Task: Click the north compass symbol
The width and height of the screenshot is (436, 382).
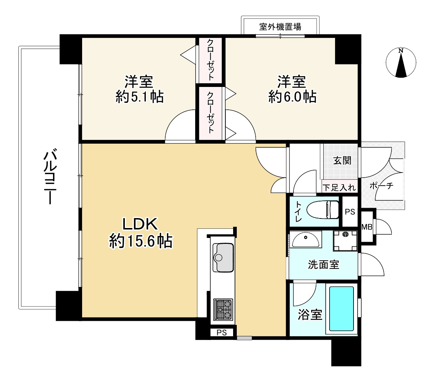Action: pyautogui.click(x=401, y=63)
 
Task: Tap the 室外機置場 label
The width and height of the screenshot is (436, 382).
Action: pyautogui.click(x=280, y=27)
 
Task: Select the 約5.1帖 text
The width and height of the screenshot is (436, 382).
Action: pyautogui.click(x=140, y=97)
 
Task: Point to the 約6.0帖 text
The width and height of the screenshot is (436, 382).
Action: pyautogui.click(x=292, y=97)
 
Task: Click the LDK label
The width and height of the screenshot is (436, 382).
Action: pyautogui.click(x=140, y=224)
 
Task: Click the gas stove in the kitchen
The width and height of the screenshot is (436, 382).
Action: pyautogui.click(x=223, y=309)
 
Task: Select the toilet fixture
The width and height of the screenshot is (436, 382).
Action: pyautogui.click(x=322, y=210)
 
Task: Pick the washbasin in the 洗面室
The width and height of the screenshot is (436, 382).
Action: pyautogui.click(x=306, y=241)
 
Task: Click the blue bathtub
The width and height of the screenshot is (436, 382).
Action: pyautogui.click(x=341, y=309)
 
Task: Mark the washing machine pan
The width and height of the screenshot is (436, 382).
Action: pyautogui.click(x=345, y=240)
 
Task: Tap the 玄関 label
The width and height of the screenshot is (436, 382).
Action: pyautogui.click(x=342, y=161)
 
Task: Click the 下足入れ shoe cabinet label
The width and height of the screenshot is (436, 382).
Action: pyautogui.click(x=339, y=187)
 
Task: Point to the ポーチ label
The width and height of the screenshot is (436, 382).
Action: pyautogui.click(x=381, y=186)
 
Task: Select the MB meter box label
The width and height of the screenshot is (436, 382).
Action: pyautogui.click(x=367, y=227)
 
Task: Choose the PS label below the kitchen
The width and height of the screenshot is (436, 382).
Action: pyautogui.click(x=221, y=333)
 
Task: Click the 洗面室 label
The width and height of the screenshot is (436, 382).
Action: pyautogui.click(x=324, y=264)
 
